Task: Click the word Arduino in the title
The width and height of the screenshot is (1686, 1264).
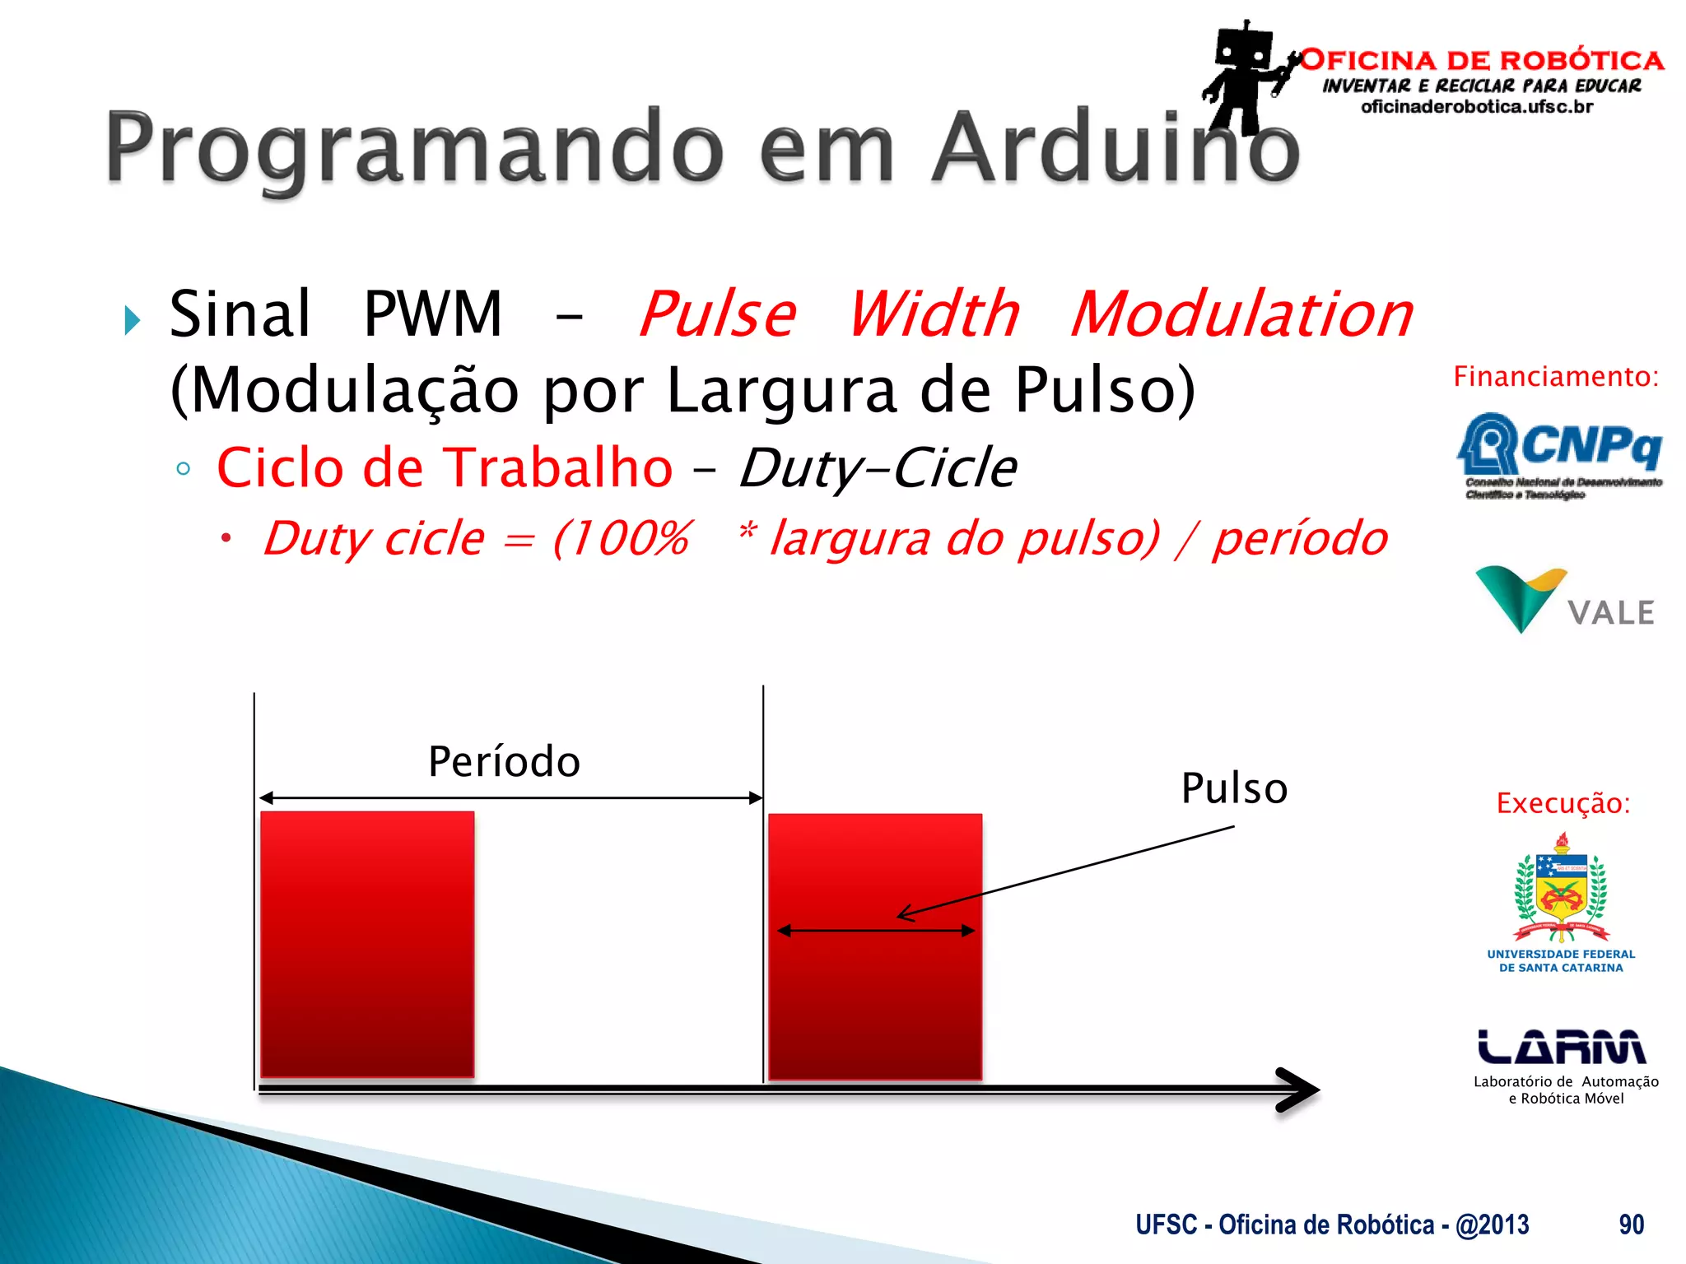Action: coord(1115,148)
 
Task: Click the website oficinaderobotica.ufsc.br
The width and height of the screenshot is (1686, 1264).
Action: coord(1477,107)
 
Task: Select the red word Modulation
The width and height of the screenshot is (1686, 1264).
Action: coord(1241,314)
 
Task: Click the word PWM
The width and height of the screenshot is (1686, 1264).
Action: coord(432,314)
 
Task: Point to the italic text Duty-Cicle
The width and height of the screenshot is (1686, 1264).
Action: coord(878,468)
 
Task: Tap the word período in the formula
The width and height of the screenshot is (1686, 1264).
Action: coord(1299,539)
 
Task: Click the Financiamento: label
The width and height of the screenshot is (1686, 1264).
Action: coord(1556,376)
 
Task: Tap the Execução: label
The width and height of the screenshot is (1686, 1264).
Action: coord(1563,802)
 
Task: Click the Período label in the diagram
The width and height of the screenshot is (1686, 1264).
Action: coord(504,761)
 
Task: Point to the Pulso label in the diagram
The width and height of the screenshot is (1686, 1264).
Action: coord(1233,788)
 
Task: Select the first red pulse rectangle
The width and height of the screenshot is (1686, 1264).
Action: coord(367,944)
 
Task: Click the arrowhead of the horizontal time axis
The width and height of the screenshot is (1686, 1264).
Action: coord(1301,1090)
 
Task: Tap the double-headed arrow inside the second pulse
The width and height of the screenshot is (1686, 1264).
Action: coord(876,931)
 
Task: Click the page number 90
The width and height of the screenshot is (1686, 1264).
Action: coord(1631,1224)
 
